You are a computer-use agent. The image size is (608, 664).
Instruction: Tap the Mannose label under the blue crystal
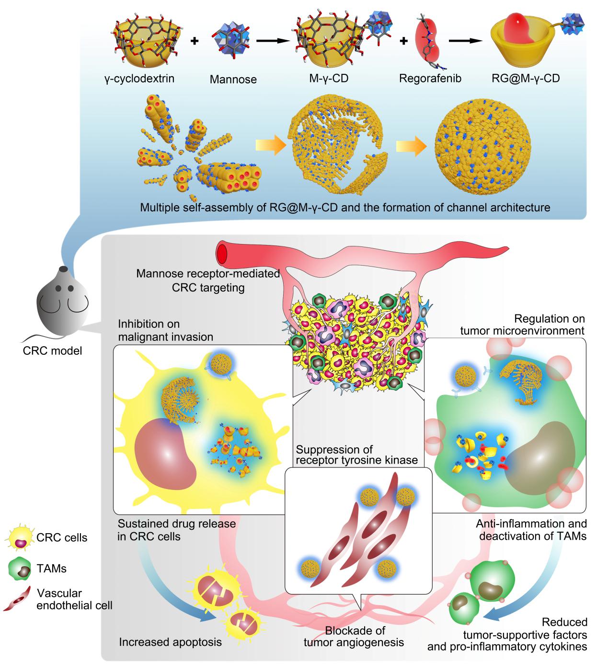(x=233, y=79)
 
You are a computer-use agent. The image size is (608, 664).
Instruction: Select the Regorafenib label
(x=430, y=78)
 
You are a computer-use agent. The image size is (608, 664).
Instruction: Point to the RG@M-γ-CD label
(x=526, y=78)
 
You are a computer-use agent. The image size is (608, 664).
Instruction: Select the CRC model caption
(x=52, y=351)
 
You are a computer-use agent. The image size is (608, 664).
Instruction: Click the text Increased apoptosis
(x=170, y=642)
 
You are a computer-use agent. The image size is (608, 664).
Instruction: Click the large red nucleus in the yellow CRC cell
(x=165, y=451)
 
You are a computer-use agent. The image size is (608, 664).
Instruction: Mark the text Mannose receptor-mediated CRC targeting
(x=207, y=280)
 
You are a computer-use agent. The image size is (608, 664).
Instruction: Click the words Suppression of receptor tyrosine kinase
(x=356, y=455)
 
